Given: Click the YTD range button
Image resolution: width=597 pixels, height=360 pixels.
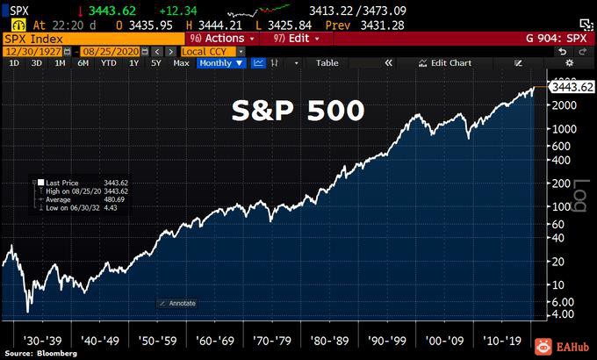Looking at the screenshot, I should (x=109, y=63).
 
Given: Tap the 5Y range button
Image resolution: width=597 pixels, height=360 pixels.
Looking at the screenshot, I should (x=155, y=63).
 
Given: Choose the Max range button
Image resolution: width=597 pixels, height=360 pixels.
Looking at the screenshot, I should (x=181, y=63).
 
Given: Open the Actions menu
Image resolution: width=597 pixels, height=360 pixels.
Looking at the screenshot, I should (x=222, y=40).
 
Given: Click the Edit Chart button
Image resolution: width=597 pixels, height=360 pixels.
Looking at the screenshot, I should (x=446, y=63).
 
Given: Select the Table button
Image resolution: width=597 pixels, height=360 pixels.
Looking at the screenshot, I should (x=327, y=63).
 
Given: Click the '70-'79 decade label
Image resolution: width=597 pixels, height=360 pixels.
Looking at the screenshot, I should (x=269, y=336).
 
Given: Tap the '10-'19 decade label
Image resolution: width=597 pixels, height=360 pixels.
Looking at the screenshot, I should (x=501, y=336).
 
